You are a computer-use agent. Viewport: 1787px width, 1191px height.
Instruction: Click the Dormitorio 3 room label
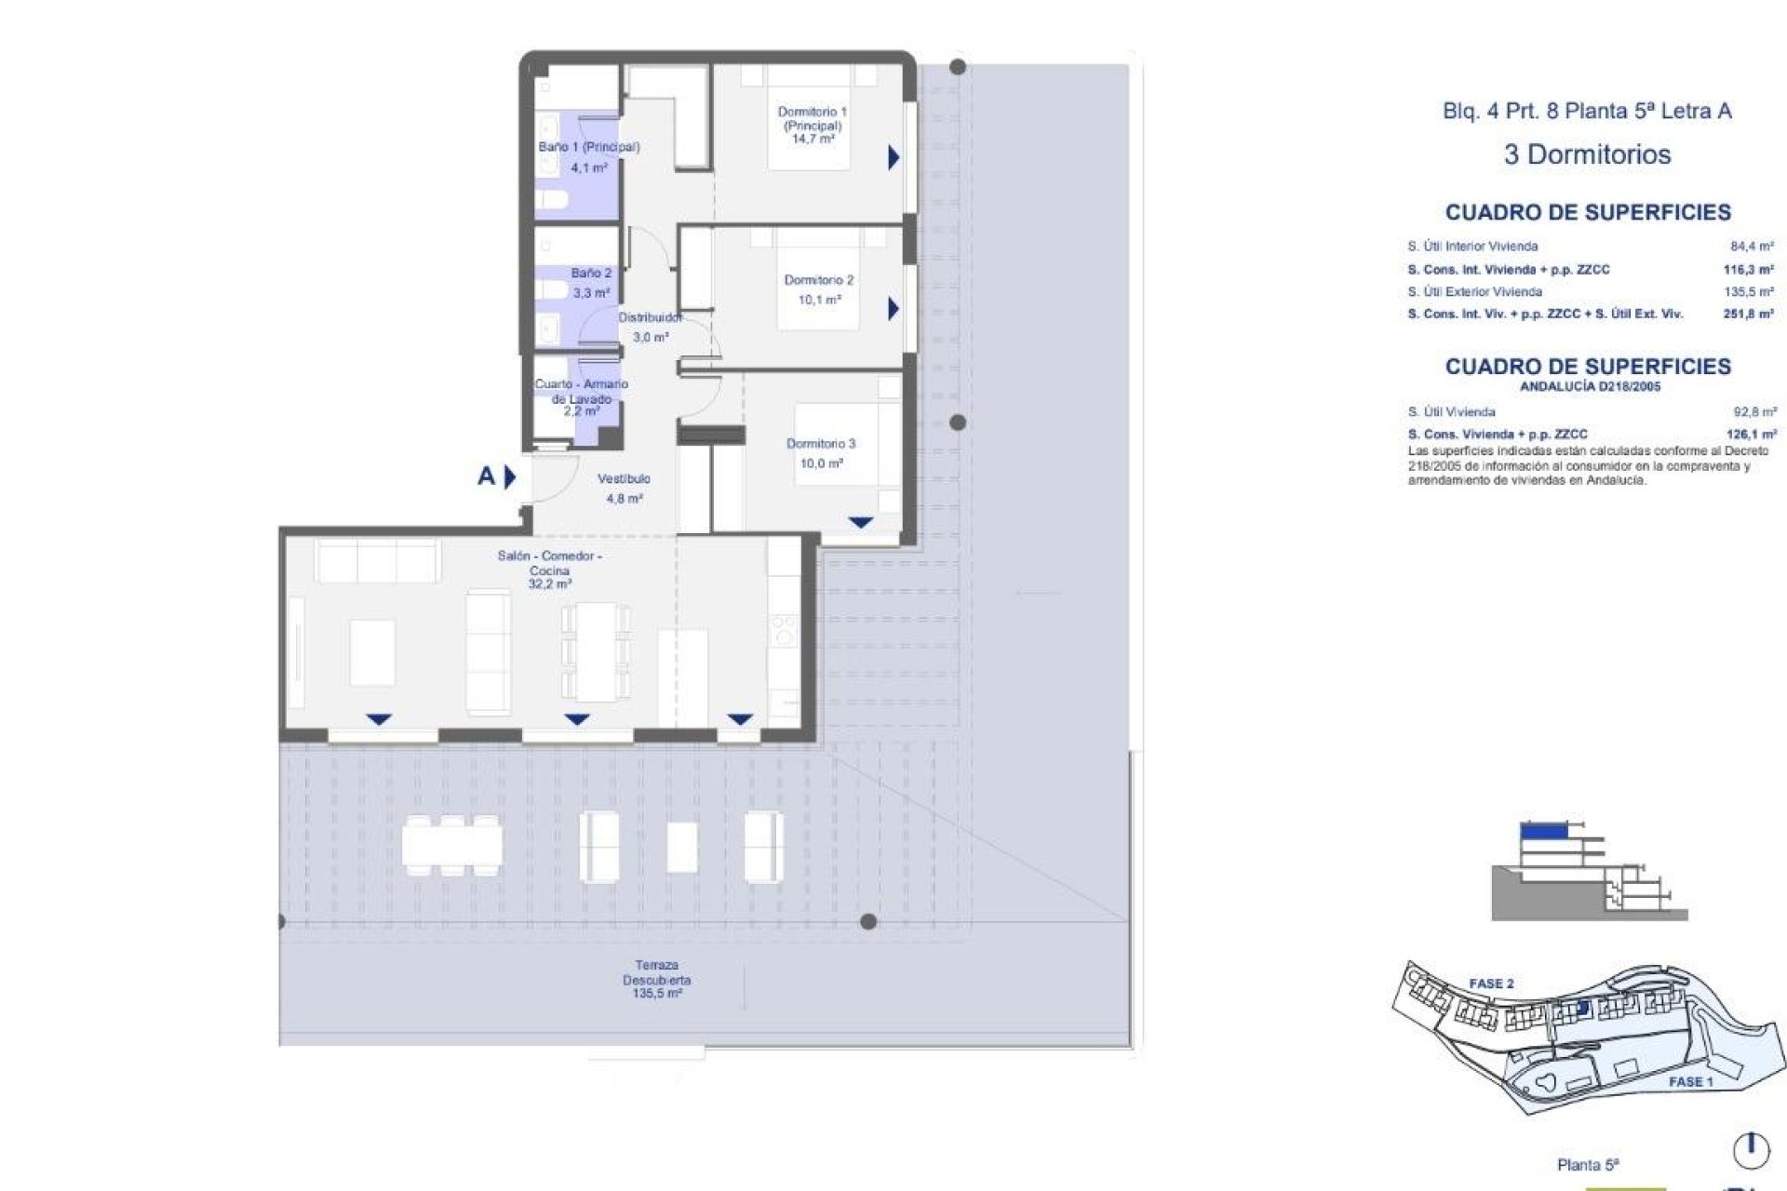coord(820,453)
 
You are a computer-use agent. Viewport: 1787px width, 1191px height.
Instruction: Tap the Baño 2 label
coord(591,283)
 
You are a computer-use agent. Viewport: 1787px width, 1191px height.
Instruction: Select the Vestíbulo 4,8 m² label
coord(624,488)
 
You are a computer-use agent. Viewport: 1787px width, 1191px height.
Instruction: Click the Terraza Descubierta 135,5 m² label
coord(656,980)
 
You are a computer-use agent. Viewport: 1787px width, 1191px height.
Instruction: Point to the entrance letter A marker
coord(486,476)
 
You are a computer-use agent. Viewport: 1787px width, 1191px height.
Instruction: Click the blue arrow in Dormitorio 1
coord(893,157)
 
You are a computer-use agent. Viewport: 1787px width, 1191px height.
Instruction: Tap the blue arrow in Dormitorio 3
coord(860,523)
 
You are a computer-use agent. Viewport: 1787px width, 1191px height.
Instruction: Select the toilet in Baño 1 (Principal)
coord(553,199)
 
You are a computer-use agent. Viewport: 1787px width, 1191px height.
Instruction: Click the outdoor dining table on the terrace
coord(451,845)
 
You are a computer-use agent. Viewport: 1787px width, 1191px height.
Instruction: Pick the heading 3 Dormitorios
coord(1587,154)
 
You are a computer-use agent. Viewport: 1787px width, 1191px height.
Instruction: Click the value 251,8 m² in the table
coord(1748,314)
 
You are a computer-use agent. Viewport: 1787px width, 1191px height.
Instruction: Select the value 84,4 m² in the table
coord(1752,247)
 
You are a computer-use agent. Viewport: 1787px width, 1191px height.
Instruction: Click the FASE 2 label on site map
coord(1491,984)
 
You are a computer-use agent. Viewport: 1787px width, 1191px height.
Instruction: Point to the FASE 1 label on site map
coord(1690,1081)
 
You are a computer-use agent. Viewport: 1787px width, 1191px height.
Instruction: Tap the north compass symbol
coord(1751,1150)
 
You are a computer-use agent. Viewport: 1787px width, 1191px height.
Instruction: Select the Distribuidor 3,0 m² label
coord(650,328)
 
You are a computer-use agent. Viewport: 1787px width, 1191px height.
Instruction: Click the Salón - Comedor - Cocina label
coord(549,569)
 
